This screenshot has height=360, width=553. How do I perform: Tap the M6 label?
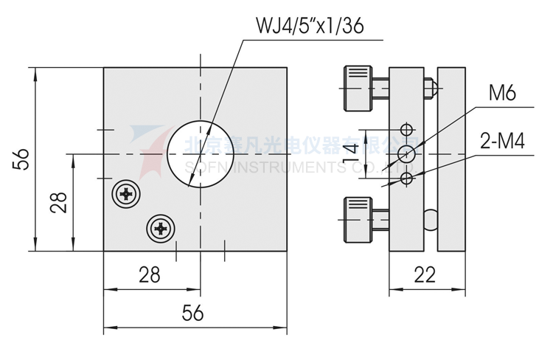click(501, 94)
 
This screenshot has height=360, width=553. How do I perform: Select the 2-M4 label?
click(501, 142)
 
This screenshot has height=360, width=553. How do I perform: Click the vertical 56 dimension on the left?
click(21, 159)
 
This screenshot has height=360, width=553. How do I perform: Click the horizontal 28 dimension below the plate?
click(150, 275)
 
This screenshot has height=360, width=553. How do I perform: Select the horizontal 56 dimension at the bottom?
click(192, 313)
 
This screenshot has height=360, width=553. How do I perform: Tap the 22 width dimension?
click(425, 275)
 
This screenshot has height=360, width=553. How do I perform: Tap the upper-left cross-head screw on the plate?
click(126, 195)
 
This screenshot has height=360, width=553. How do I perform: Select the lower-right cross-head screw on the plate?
click(161, 229)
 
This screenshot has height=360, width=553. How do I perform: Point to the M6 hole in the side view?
click(406, 153)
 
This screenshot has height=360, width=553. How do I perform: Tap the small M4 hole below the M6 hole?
click(406, 179)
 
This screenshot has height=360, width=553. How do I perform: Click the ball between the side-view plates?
click(431, 218)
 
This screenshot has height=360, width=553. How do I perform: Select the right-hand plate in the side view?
click(452, 159)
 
